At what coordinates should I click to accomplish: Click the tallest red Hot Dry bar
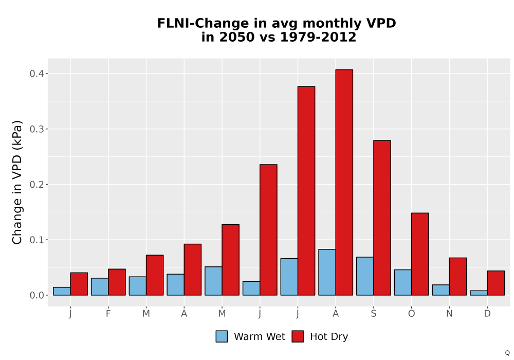[x=344, y=182]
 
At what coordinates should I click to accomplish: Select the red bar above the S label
[x=382, y=218]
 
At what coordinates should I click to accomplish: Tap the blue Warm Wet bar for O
[x=403, y=282]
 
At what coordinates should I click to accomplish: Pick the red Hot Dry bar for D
[x=496, y=283]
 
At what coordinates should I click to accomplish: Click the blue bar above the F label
[x=100, y=286]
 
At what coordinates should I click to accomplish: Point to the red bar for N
[x=458, y=276]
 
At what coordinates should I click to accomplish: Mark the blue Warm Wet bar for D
[x=479, y=293]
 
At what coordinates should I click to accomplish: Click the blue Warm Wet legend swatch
[x=222, y=336]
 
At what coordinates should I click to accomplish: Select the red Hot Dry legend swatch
[x=298, y=336]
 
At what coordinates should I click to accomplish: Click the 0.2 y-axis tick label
[x=36, y=184]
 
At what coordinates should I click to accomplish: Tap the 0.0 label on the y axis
[x=36, y=295]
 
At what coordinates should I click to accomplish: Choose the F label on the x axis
[x=108, y=314]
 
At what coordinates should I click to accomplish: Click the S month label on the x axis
[x=374, y=314]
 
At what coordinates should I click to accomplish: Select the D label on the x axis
[x=487, y=314]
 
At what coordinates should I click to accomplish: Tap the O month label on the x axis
[x=411, y=314]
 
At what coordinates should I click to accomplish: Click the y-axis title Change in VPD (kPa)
[x=17, y=182]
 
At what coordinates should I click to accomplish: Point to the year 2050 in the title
[x=236, y=37]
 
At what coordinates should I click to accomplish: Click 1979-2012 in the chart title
[x=318, y=37]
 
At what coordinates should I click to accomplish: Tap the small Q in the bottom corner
[x=507, y=353]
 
